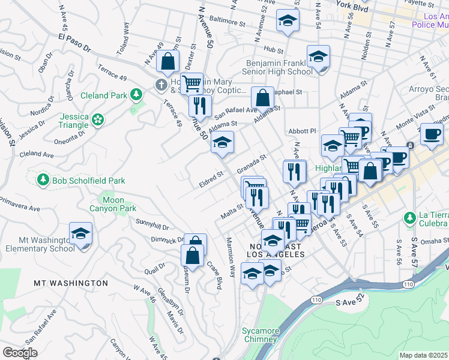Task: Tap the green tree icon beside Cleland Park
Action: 137,94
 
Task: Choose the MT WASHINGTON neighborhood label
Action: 71,283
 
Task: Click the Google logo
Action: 20,353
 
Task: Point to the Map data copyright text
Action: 423,355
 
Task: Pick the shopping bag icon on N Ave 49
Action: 168,60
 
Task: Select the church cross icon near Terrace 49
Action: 161,85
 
